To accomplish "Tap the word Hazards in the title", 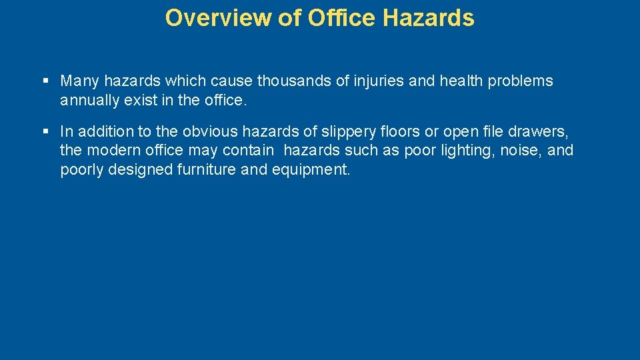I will tap(429, 18).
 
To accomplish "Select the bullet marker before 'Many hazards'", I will tap(46, 81).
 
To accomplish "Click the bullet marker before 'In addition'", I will tap(46, 131).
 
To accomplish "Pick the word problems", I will tap(520, 81).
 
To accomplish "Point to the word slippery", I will tap(347, 131).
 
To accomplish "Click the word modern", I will tap(113, 150).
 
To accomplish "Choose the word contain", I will tap(249, 150).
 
